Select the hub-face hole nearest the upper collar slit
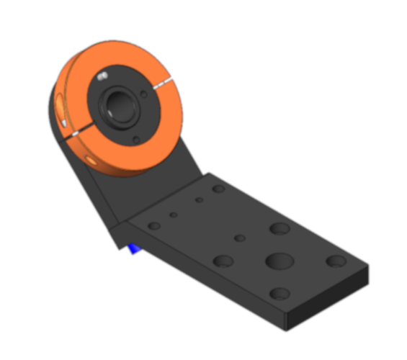147,94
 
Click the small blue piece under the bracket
133,248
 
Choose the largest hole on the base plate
277,259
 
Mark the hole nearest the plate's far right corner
336,260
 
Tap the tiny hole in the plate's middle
240,238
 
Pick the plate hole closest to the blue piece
153,225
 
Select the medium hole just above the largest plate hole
279,229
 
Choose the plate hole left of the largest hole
223,261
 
